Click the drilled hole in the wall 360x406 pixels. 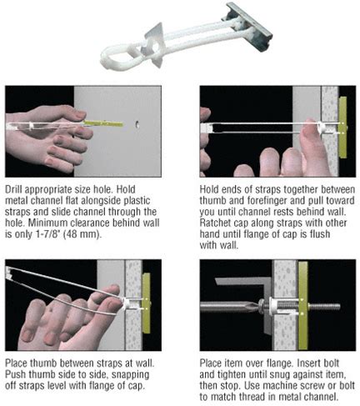(x=137, y=125)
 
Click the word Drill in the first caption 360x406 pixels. (x=13, y=189)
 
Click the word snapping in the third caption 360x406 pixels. (x=130, y=375)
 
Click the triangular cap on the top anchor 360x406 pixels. (x=153, y=46)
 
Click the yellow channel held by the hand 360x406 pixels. (x=103, y=123)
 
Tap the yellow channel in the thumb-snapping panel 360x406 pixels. (x=146, y=303)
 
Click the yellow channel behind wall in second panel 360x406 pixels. (x=343, y=128)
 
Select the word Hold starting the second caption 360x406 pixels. (x=208, y=189)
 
